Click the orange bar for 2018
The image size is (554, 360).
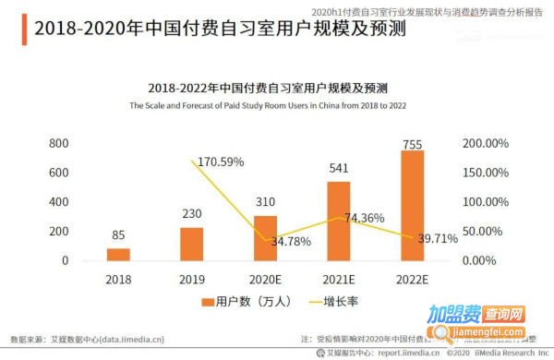pyautogui.click(x=118, y=254)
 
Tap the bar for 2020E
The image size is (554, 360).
pyautogui.click(x=265, y=237)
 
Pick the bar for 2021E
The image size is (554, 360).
pyautogui.click(x=339, y=221)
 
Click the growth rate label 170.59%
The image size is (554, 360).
pyautogui.click(x=218, y=162)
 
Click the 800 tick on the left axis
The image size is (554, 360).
pyautogui.click(x=58, y=144)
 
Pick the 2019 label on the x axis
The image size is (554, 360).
pyautogui.click(x=192, y=278)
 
